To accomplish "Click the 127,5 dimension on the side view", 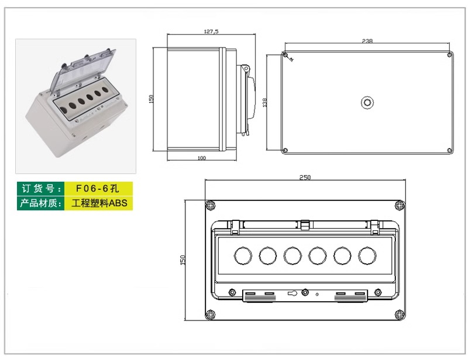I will pos(211,32).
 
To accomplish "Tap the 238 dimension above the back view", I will pos(367,41).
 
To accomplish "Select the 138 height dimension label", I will pos(265,103).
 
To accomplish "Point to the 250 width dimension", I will pos(305,177).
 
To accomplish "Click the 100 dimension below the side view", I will pos(201,158).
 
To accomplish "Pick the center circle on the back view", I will pos(367,103).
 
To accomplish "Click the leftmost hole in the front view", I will pos(242,255).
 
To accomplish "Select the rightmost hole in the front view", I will pos(367,255).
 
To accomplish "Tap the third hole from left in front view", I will pos(292,255).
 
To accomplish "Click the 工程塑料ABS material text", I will pos(99,203).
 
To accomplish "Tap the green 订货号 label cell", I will pos(40,189).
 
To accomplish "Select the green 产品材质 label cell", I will pos(40,203).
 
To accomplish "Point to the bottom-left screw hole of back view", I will pos(285,151).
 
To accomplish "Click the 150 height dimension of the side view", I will pos(151,98).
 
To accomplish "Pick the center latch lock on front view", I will pos(304,293).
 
